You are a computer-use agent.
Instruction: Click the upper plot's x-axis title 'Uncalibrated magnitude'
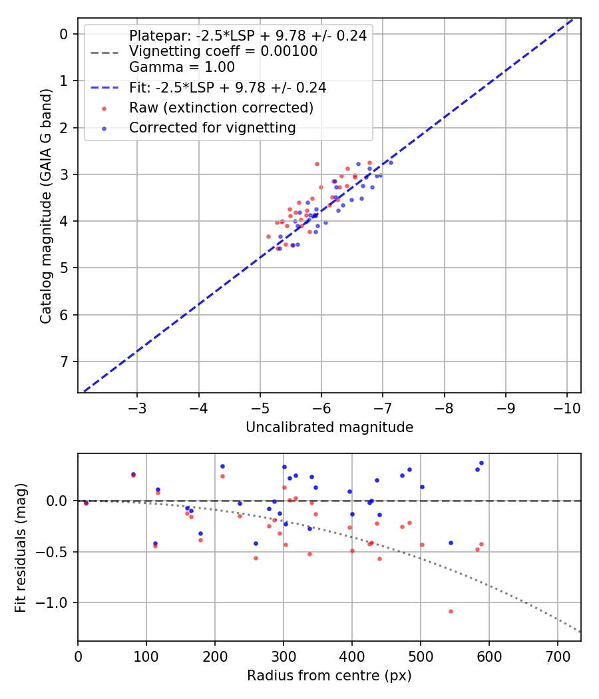pyautogui.click(x=329, y=427)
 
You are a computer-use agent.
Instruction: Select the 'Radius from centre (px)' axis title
pyautogui.click(x=329, y=676)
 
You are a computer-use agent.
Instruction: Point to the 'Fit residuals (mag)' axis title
pyautogui.click(x=21, y=547)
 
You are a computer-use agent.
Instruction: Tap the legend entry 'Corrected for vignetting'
pyautogui.click(x=212, y=128)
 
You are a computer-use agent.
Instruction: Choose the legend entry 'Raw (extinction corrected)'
pyautogui.click(x=221, y=107)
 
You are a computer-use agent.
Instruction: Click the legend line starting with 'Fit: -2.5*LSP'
pyautogui.click(x=227, y=87)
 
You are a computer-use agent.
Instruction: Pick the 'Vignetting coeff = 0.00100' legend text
pyautogui.click(x=223, y=51)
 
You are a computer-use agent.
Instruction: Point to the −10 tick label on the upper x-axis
pyautogui.click(x=566, y=407)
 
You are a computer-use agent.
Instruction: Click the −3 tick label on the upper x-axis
pyautogui.click(x=137, y=407)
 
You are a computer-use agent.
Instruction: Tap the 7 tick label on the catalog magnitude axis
pyautogui.click(x=65, y=361)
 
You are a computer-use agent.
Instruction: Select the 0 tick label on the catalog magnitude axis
pyautogui.click(x=65, y=34)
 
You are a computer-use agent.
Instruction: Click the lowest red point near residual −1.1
pyautogui.click(x=451, y=611)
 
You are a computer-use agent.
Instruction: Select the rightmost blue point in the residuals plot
pyautogui.click(x=481, y=463)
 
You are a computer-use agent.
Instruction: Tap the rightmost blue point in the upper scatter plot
pyautogui.click(x=391, y=162)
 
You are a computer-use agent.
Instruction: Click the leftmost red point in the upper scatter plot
pyautogui.click(x=268, y=236)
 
